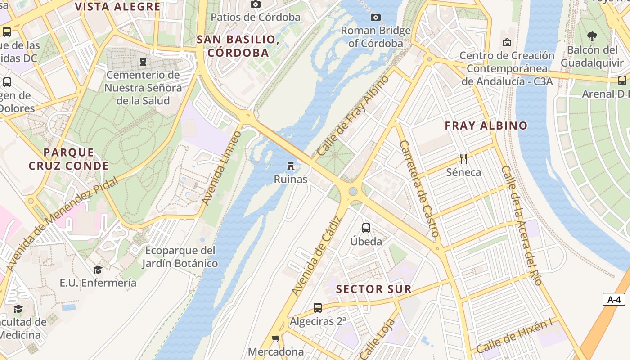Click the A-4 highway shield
[614, 299]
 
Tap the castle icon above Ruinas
[291, 166]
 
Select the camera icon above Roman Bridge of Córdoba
[375, 17]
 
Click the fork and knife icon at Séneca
[463, 158]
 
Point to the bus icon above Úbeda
[366, 228]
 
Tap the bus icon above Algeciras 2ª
[318, 308]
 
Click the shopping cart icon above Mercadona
[275, 338]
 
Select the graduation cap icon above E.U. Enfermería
[98, 269]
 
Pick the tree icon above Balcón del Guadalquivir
[592, 36]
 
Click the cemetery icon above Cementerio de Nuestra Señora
[143, 61]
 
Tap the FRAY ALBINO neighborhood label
[486, 126]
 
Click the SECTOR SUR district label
[374, 289]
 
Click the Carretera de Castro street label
[419, 189]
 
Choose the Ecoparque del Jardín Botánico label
[180, 256]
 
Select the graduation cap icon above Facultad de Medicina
[18, 309]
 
